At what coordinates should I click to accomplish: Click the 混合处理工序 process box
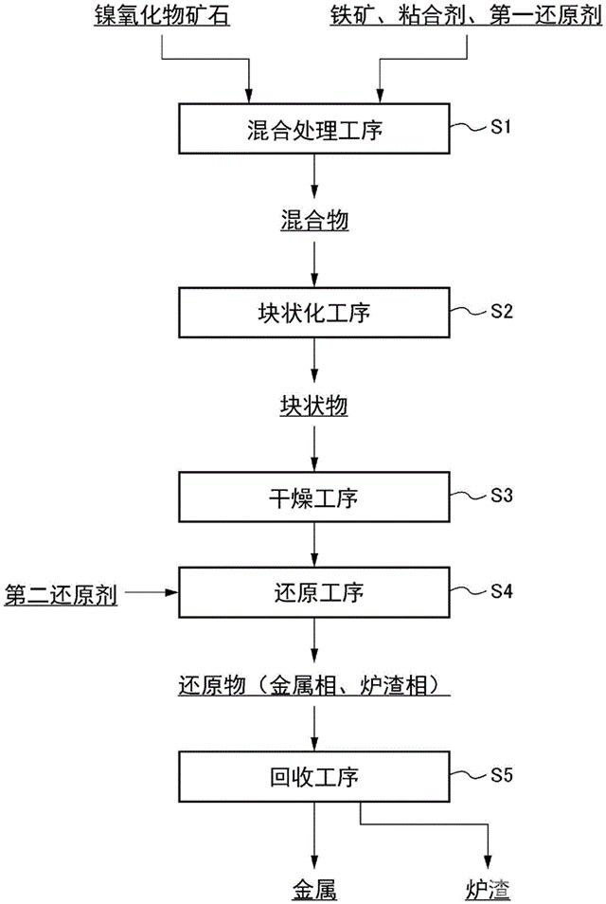314,129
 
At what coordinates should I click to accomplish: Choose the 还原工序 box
314,593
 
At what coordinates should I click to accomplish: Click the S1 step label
502,126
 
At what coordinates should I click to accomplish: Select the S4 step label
502,590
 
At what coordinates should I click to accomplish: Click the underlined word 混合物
314,222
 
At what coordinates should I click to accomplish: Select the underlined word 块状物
314,407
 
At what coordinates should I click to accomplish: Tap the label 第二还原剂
61,594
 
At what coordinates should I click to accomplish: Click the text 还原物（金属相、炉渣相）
313,684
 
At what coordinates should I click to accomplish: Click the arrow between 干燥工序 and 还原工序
314,546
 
